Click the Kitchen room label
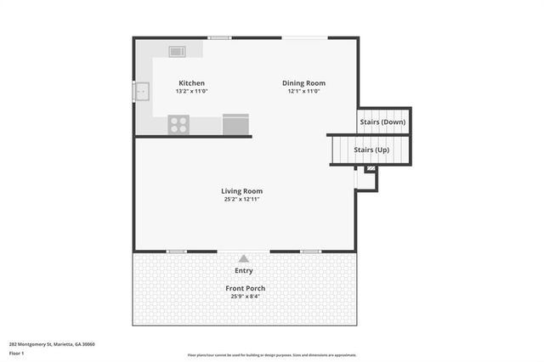coord(191,83)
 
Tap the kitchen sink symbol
coord(142,89)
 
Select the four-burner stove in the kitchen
coord(178,124)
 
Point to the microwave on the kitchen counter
coord(177,52)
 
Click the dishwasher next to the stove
coord(235,124)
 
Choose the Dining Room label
coord(303,83)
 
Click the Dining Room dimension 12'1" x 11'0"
coord(303,92)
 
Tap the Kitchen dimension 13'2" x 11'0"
coord(191,92)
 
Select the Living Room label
coord(242,191)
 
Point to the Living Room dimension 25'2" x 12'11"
coord(242,200)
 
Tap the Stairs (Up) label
coord(371,150)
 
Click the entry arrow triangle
coord(244,258)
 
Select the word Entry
coord(244,271)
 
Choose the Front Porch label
coord(244,289)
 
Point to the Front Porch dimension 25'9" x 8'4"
coord(244,297)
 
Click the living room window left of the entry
coord(177,252)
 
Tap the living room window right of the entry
coord(310,252)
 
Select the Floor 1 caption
coord(16,353)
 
